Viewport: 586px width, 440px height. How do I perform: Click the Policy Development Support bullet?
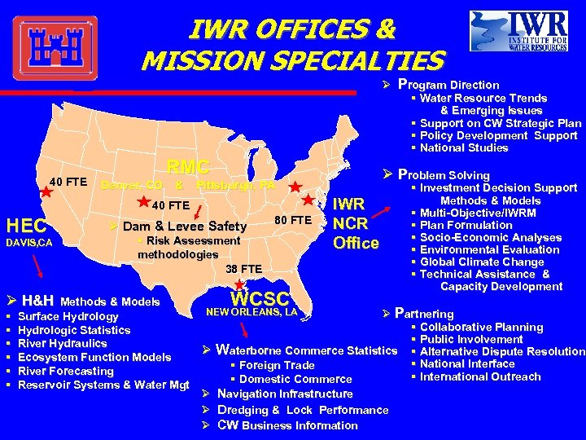498,135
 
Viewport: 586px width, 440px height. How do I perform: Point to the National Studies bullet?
464,147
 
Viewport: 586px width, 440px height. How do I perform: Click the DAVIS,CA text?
30,243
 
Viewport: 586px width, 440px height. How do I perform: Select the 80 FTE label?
293,220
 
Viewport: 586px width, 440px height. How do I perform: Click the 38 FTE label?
244,269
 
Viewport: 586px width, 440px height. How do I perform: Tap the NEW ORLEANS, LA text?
252,312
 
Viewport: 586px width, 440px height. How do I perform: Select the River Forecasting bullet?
65,371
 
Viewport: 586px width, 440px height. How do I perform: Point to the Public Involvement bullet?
471,339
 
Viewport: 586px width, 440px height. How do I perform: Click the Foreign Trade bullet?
277,365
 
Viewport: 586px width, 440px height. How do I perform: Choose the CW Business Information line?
287,425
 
